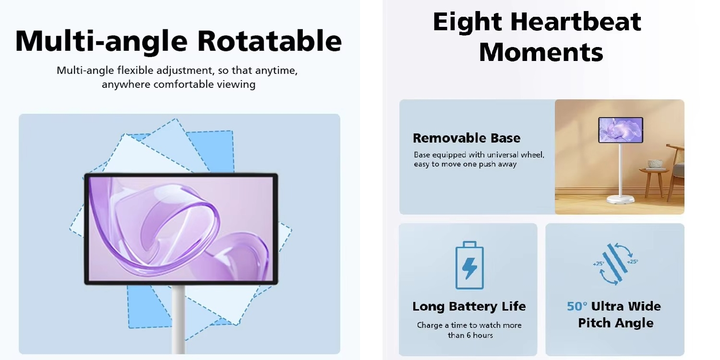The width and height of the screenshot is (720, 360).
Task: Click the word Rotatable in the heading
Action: point(269,41)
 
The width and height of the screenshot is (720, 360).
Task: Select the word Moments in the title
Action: point(541,52)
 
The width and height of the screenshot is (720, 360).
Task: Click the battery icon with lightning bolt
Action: point(469,265)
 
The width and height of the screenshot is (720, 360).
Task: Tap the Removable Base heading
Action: point(466,138)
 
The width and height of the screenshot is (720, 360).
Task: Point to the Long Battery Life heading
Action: point(469,306)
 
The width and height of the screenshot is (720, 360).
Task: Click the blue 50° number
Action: point(577,306)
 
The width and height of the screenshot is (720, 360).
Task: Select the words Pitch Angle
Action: point(615,323)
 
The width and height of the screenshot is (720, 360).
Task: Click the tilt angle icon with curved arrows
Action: point(615,264)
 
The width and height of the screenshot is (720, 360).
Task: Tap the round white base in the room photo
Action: point(620,198)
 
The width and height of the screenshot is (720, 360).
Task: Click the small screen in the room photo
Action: point(620,130)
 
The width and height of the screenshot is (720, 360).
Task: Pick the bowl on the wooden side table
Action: point(655,164)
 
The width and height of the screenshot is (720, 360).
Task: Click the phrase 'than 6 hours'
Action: point(470,335)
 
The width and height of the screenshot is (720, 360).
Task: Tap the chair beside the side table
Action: point(677,168)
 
